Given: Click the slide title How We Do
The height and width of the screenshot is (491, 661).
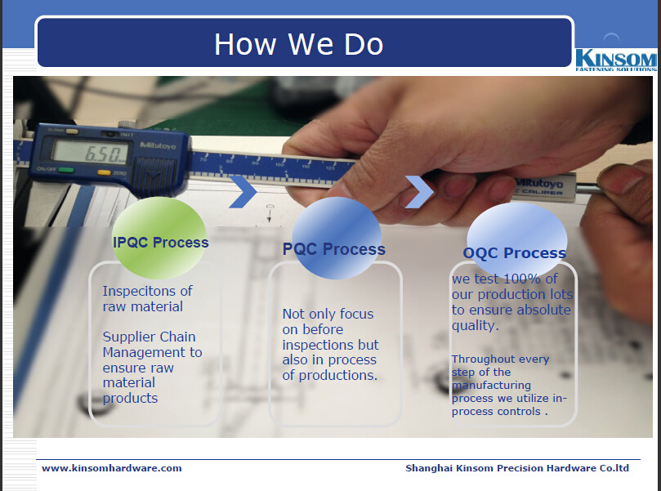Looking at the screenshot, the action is pyautogui.click(x=299, y=44).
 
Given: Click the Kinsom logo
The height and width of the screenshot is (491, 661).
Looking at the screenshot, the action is pyautogui.click(x=616, y=60).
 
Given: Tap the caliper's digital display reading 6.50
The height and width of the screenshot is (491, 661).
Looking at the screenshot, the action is pyautogui.click(x=90, y=152).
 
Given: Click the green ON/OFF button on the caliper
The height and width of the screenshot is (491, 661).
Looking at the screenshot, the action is pyautogui.click(x=65, y=170).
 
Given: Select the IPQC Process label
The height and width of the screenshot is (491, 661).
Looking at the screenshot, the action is pyautogui.click(x=161, y=243).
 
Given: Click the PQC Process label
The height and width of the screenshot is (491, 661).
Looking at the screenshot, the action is pyautogui.click(x=334, y=249).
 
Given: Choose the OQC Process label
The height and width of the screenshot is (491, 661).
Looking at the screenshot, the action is pyautogui.click(x=514, y=253).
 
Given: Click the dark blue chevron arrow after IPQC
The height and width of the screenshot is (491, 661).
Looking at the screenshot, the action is pyautogui.click(x=243, y=192).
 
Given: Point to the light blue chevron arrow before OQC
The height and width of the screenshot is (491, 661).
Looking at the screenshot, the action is pyautogui.click(x=418, y=192).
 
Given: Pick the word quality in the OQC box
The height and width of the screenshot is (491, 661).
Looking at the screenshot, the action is pyautogui.click(x=475, y=325).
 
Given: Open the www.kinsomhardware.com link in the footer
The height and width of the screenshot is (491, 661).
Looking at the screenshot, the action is pyautogui.click(x=112, y=468).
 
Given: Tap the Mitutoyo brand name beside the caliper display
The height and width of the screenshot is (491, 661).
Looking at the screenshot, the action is pyautogui.click(x=158, y=145).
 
